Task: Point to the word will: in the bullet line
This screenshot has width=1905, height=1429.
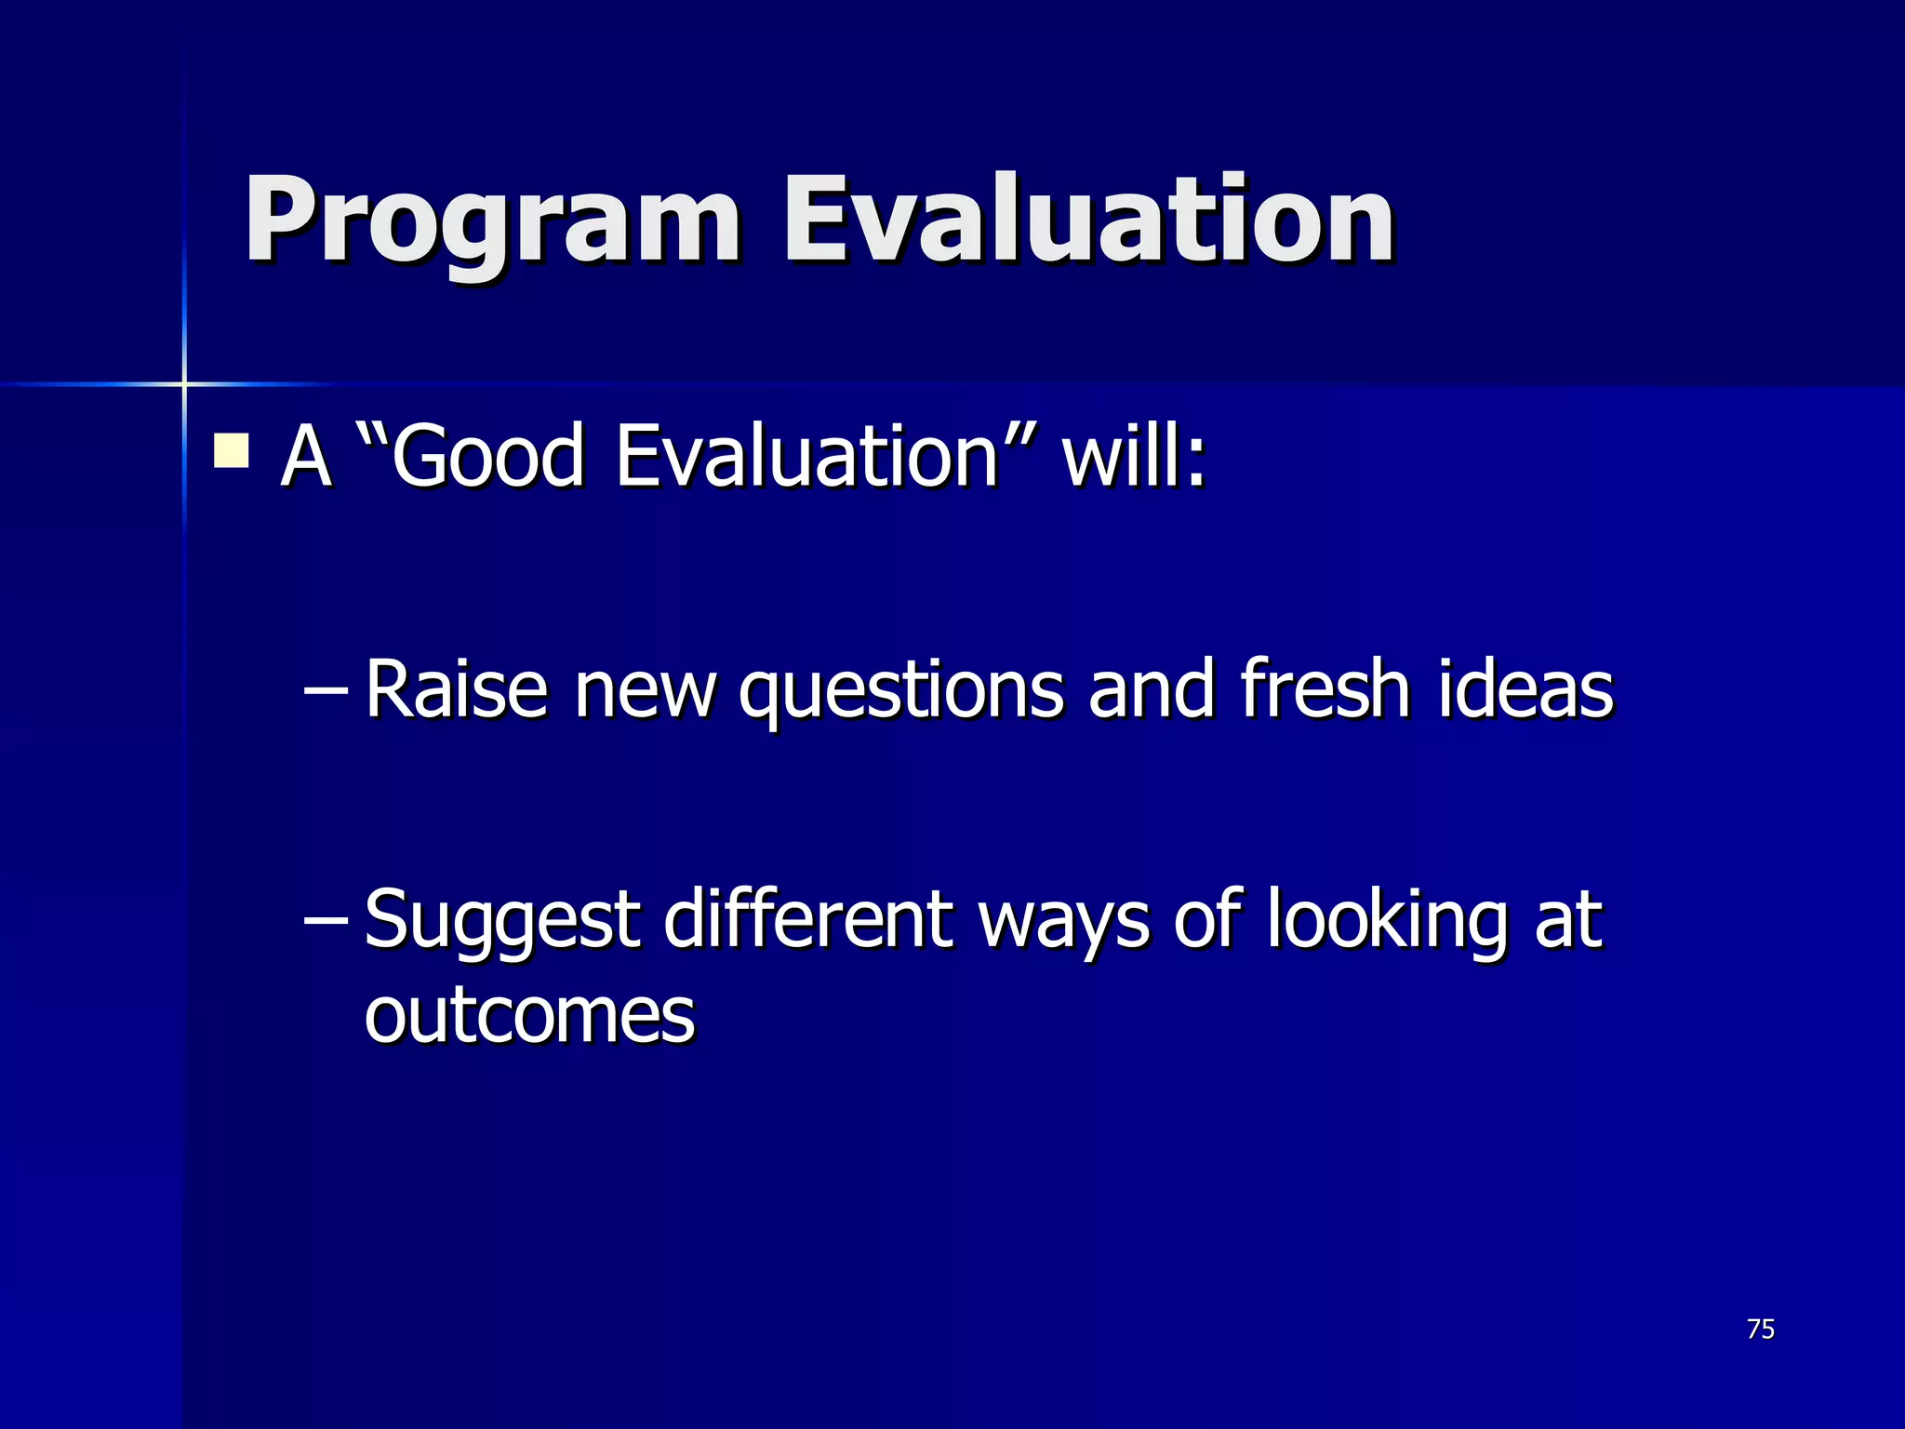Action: (1134, 456)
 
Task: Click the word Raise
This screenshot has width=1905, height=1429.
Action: (456, 689)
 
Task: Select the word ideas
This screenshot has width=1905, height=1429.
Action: (1525, 689)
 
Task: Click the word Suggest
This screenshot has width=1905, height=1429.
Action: (502, 921)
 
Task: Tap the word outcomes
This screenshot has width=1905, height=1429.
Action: (529, 1016)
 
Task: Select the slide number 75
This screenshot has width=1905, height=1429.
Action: (1761, 1329)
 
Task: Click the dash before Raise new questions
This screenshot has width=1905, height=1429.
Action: (326, 691)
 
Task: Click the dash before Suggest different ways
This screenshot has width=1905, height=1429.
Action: (326, 921)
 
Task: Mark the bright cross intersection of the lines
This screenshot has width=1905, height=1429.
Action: (184, 383)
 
